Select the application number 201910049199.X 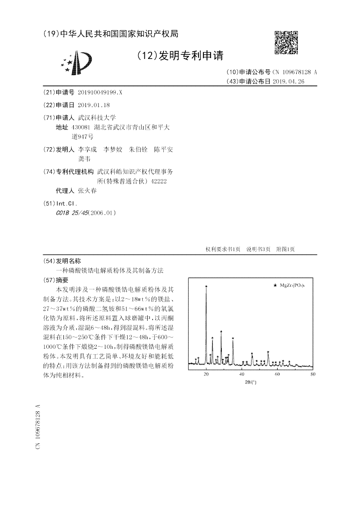coord(100,92)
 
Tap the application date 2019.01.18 coord(94,105)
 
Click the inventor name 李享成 coord(87,149)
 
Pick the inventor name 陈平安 coord(163,149)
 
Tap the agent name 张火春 coord(87,190)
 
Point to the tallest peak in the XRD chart coord(206,288)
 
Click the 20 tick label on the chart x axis coord(206,374)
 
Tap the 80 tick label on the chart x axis coord(313,374)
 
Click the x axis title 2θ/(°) coord(251,382)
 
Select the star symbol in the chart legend coord(275,285)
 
